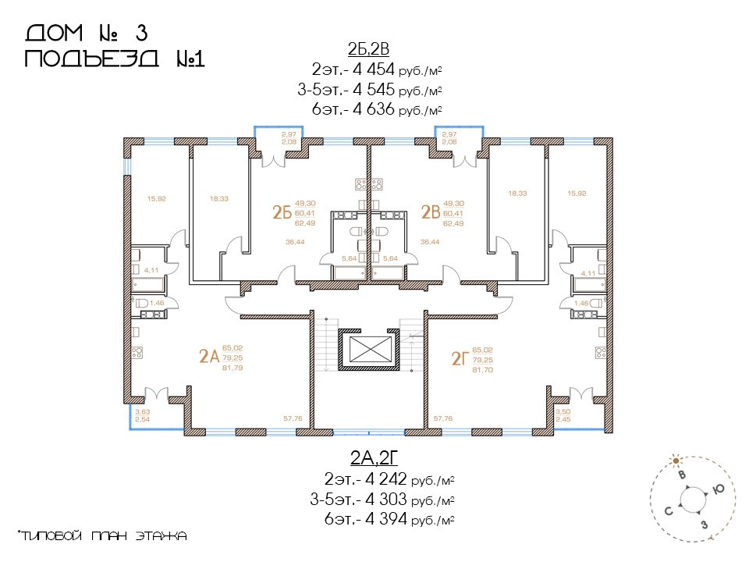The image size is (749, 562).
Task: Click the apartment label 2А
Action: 209,357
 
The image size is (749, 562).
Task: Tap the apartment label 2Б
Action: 282,212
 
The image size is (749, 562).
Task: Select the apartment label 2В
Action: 431,212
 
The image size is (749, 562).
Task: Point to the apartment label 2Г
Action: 460,358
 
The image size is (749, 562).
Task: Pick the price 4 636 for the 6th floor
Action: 373,109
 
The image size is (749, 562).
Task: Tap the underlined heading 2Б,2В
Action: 368,48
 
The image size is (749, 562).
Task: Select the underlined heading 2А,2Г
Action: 374,458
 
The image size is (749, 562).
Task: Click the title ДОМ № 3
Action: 87,34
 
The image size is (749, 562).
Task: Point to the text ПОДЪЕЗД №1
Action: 115,59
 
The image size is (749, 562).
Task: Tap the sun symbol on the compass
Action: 676,461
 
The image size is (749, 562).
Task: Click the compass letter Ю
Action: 718,489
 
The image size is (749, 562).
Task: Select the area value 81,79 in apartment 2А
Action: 233,368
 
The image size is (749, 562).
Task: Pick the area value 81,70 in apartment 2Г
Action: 482,370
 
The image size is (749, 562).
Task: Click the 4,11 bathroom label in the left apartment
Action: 151,270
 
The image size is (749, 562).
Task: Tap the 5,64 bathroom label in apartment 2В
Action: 390,258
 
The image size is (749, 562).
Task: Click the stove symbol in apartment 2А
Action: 137,353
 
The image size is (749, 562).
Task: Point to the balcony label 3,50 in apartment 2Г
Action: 563,411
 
